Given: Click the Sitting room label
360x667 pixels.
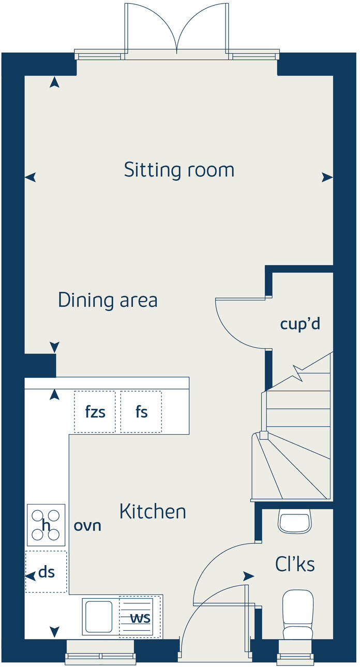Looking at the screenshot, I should [x=179, y=170].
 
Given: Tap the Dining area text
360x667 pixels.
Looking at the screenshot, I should [x=108, y=300].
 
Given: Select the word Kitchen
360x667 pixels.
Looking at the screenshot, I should [x=153, y=512].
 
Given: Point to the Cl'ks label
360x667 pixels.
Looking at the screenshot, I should [x=295, y=565].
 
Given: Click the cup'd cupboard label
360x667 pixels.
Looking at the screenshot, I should [x=300, y=324].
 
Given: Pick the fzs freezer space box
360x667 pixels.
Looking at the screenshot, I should [x=95, y=412].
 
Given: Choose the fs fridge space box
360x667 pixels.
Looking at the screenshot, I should [x=141, y=412].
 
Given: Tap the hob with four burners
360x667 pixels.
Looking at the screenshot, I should [x=46, y=525].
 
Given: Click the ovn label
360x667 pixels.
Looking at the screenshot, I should [x=87, y=526].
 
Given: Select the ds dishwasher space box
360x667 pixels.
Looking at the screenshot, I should [x=46, y=572].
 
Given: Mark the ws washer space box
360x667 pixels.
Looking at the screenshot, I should [x=137, y=617].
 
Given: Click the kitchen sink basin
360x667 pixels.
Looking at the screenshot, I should [x=99, y=616].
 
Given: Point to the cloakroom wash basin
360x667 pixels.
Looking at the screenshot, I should [x=295, y=521].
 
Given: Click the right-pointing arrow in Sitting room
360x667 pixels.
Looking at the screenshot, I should [x=327, y=177].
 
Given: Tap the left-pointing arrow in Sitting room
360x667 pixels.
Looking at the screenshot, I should [x=31, y=177].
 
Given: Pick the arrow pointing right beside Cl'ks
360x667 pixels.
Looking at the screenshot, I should [x=249, y=576].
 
